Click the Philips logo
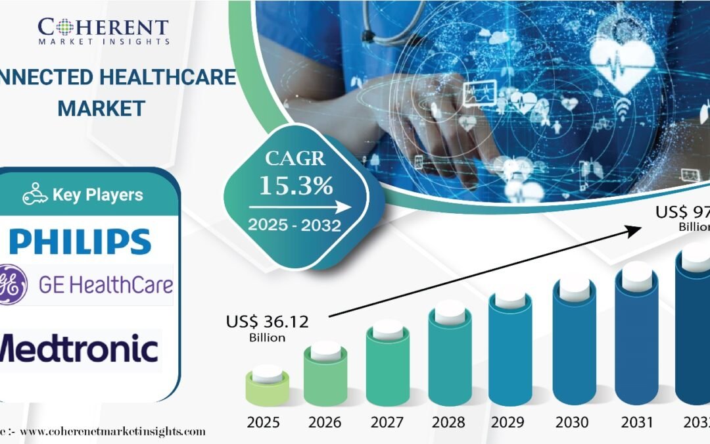point(80,241)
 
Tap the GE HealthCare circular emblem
point(13,285)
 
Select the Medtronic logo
point(79,349)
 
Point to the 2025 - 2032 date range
point(294,226)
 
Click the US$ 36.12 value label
point(267,322)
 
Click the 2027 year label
point(388,422)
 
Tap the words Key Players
point(97,195)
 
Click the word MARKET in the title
point(101,109)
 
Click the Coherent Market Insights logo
point(103,30)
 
